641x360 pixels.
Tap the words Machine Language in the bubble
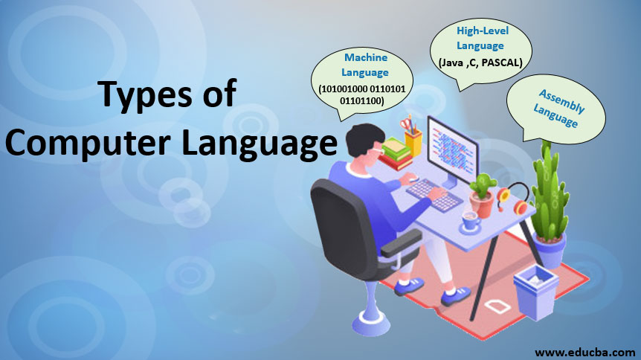pos(365,65)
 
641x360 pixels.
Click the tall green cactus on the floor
pos(550,186)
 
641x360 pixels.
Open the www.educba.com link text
pos(584,350)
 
